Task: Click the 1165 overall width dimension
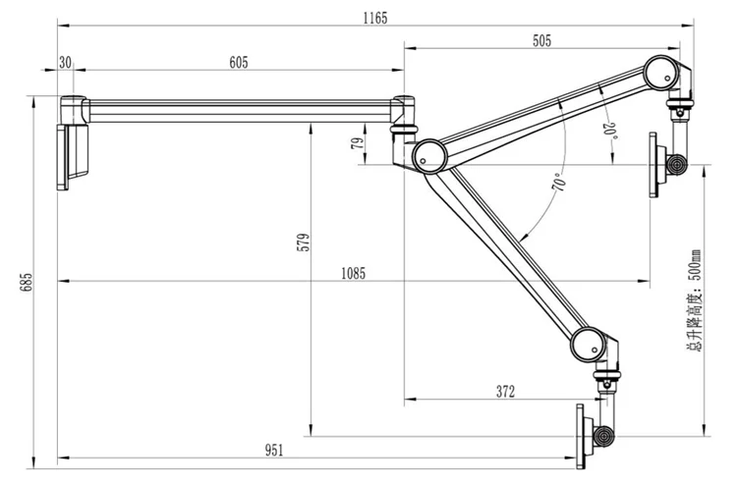[x=375, y=18]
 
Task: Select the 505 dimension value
[x=541, y=41]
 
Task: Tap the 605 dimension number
[x=239, y=63]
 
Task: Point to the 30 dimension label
[x=65, y=62]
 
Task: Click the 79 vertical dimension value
[x=358, y=142]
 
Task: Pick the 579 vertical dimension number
[x=304, y=242]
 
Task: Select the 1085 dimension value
[x=353, y=273]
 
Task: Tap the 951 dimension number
[x=274, y=451]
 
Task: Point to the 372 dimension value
[x=505, y=392]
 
